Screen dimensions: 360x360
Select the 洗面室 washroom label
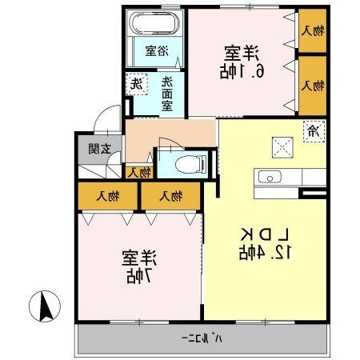tap(166, 93)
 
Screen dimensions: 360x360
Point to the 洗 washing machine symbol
tap(138, 82)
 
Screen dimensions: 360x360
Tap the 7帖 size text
tap(138, 276)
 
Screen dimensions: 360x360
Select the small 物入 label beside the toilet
tap(139, 172)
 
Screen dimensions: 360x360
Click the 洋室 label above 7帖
tap(138, 258)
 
